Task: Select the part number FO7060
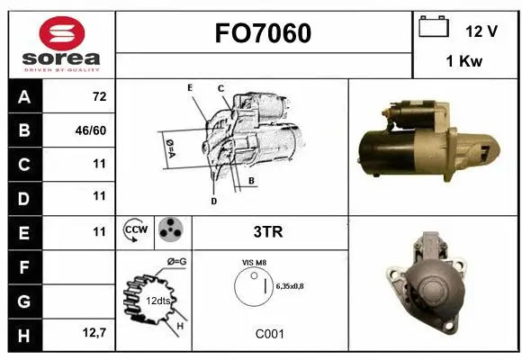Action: [263, 33]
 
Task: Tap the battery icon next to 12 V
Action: [435, 29]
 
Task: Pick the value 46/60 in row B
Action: [93, 130]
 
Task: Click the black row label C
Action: [23, 164]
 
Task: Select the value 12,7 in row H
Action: [94, 334]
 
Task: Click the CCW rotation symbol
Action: [135, 231]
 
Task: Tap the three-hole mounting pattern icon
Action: [170, 231]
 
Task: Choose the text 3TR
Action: [269, 232]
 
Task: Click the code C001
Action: [269, 334]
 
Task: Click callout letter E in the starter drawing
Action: [190, 87]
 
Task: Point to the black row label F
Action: [23, 265]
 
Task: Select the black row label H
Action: [23, 334]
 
